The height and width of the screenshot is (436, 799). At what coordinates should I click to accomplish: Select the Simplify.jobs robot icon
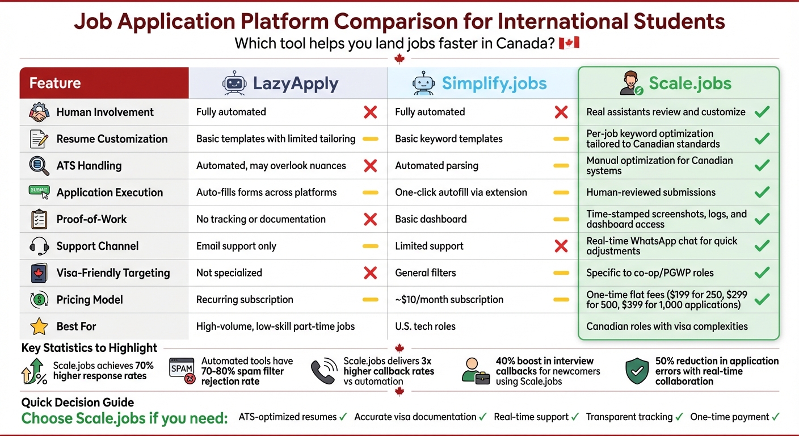point(423,83)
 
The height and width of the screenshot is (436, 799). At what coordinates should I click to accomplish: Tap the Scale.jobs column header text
point(690,83)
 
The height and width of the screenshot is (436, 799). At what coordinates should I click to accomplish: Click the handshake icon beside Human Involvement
point(39,112)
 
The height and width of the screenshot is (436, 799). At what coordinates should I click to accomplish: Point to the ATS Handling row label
point(89,166)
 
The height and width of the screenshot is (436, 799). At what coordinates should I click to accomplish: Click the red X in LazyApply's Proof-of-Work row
point(370,219)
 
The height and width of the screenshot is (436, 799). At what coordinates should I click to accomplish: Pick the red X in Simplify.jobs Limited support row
point(561,246)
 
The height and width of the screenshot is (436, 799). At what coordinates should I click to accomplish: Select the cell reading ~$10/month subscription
point(449,300)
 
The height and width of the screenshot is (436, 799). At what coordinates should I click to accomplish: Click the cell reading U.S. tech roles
point(425,326)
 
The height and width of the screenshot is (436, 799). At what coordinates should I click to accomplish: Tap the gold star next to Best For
point(39,326)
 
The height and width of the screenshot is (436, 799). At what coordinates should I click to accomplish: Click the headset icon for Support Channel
point(39,246)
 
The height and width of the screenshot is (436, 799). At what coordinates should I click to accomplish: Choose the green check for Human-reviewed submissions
point(762,192)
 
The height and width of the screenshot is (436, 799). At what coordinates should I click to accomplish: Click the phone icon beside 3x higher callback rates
point(323,371)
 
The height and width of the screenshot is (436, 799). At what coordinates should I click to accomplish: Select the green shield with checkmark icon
point(637,371)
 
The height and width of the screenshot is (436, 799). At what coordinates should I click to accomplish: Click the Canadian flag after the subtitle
point(569,43)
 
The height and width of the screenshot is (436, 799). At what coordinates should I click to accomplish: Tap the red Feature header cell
point(104,83)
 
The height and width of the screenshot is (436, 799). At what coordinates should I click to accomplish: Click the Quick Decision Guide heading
point(78,403)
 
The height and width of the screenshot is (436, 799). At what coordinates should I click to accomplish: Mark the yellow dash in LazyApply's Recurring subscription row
point(370,300)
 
